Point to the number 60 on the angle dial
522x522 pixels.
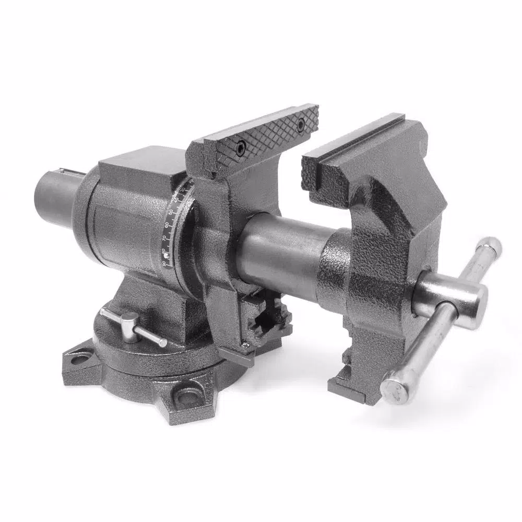click(x=170, y=226)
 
